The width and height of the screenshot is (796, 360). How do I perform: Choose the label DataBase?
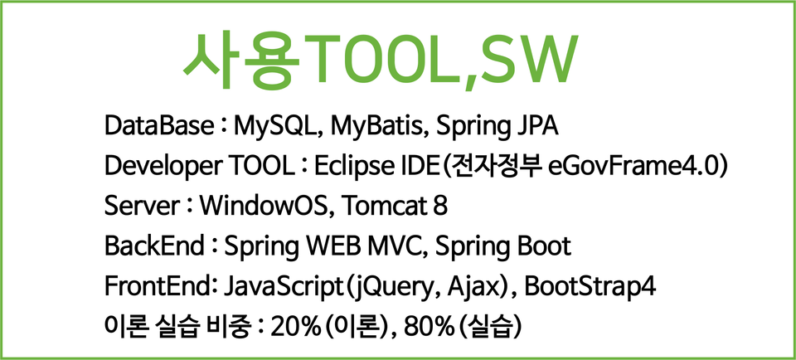pos(158,126)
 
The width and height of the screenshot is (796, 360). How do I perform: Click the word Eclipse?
pos(347,168)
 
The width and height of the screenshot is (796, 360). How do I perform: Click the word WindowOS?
pos(264,207)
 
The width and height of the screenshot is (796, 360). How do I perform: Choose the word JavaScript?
pos(281,288)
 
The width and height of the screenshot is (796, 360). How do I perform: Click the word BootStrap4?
pos(590,288)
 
